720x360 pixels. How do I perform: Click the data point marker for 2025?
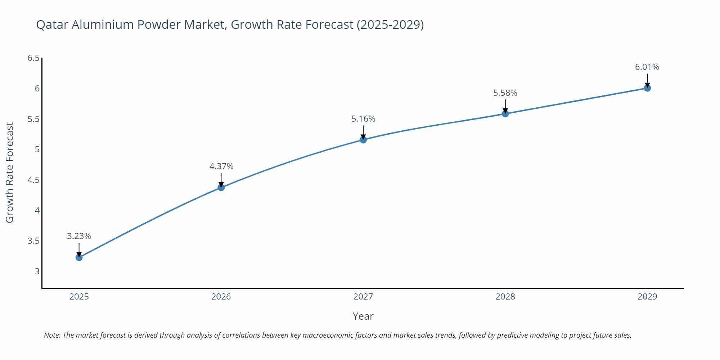(x=79, y=257)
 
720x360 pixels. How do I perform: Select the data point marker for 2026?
(x=221, y=188)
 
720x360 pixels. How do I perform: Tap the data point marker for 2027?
(x=363, y=140)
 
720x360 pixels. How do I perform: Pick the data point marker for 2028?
(x=505, y=114)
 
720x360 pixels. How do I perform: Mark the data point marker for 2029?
(x=647, y=88)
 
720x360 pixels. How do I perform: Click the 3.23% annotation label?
(x=79, y=236)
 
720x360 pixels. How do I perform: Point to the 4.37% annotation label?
(x=221, y=166)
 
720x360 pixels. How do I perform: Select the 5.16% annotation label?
(x=363, y=119)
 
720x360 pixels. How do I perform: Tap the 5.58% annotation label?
(x=505, y=93)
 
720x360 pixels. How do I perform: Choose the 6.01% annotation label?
(x=647, y=67)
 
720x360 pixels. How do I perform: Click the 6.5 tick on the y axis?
(x=33, y=58)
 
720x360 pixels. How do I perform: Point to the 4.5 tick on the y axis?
(x=33, y=180)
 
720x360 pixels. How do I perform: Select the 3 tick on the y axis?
(x=37, y=271)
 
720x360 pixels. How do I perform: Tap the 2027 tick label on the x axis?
(x=363, y=297)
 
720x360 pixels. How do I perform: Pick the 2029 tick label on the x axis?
(x=647, y=297)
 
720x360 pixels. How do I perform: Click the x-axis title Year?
(x=363, y=316)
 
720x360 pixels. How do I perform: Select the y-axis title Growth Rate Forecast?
(x=10, y=172)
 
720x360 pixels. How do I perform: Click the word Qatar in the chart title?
(x=52, y=24)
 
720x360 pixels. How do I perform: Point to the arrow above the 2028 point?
(x=505, y=106)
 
